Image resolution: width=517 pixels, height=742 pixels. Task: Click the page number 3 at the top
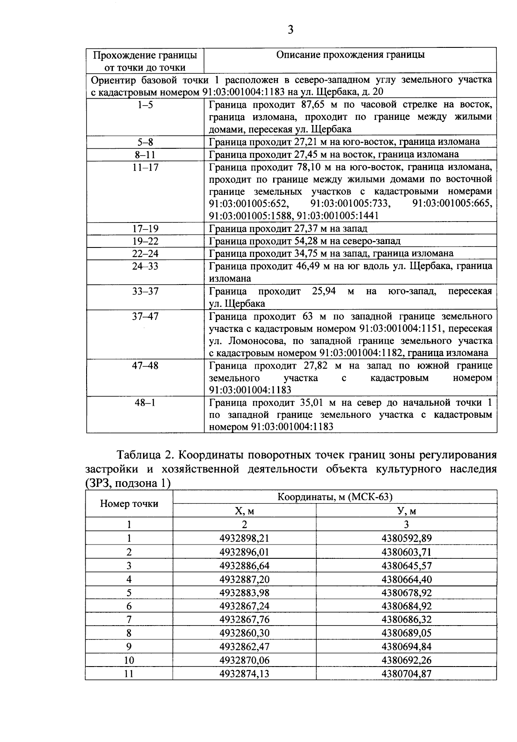pyautogui.click(x=291, y=30)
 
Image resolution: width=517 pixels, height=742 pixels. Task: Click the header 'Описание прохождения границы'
pyautogui.click(x=350, y=55)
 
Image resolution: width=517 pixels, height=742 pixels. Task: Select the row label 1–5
pyautogui.click(x=145, y=105)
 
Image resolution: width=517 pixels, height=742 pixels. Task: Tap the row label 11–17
pyautogui.click(x=145, y=167)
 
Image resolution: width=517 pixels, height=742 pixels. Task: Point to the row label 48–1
pyautogui.click(x=145, y=403)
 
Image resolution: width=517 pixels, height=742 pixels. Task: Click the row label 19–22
pyautogui.click(x=145, y=241)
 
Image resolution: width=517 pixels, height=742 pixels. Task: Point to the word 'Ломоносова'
pyautogui.click(x=257, y=341)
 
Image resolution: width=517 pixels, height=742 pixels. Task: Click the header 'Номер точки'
pyautogui.click(x=129, y=504)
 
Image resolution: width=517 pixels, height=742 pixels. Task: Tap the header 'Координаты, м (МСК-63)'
pyautogui.click(x=335, y=497)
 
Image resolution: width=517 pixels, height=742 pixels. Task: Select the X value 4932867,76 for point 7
pyautogui.click(x=244, y=620)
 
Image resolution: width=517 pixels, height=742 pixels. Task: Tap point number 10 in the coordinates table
pyautogui.click(x=129, y=660)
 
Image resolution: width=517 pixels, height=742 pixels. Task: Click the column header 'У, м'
pyautogui.click(x=406, y=511)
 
